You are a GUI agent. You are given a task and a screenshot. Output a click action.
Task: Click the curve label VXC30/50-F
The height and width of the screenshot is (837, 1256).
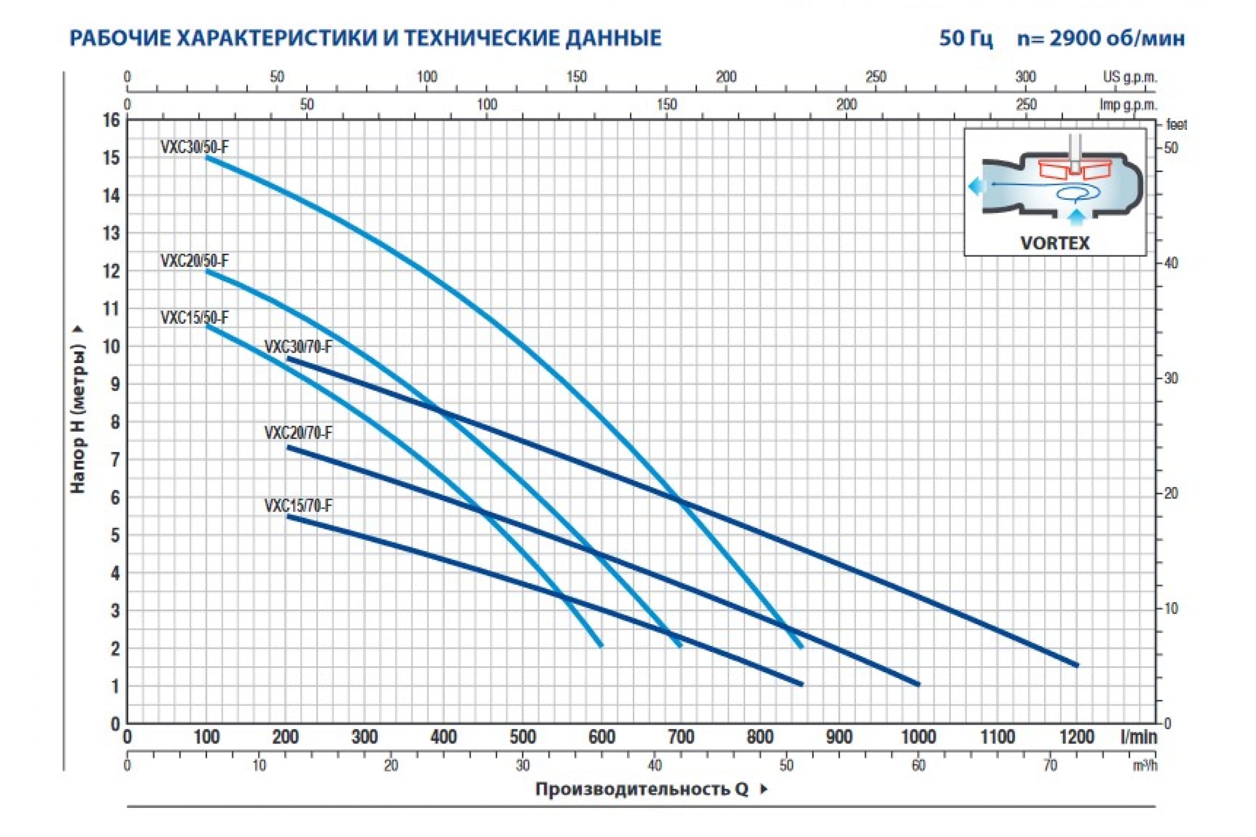click(194, 147)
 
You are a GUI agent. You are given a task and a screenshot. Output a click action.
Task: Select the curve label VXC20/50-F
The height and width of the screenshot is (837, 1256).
click(194, 261)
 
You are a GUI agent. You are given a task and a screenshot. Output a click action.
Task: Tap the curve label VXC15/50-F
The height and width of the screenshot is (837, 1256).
click(194, 318)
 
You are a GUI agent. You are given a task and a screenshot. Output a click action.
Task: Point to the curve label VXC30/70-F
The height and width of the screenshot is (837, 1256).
click(298, 347)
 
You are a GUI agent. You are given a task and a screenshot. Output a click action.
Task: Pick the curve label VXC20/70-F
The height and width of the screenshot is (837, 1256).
click(298, 433)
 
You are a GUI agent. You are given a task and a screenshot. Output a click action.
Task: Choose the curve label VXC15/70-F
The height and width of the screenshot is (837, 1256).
click(298, 505)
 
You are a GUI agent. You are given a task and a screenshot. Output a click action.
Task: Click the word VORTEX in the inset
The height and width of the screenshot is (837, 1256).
click(1055, 243)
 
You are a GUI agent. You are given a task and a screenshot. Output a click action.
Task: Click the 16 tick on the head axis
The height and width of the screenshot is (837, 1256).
click(111, 121)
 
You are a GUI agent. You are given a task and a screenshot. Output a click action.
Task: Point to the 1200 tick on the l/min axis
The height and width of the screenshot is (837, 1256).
click(1076, 737)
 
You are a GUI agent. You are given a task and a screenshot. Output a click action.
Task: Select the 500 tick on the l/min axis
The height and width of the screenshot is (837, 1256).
click(522, 737)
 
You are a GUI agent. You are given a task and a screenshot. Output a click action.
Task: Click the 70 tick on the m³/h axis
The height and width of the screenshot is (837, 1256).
click(1050, 765)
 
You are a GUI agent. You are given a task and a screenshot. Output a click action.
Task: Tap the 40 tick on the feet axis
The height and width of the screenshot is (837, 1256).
click(1170, 263)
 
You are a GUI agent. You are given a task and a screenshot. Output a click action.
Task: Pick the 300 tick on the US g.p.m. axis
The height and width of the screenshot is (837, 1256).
click(1025, 77)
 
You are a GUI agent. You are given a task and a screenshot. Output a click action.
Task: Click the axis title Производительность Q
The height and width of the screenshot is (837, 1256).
click(643, 789)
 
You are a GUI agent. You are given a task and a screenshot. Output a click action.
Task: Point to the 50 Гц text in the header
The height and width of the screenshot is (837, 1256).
click(966, 38)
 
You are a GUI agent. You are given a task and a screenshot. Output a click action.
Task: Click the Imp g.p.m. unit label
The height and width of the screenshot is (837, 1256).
click(1128, 105)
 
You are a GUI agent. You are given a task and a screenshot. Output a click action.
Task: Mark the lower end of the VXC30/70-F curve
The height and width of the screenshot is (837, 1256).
click(1076, 665)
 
